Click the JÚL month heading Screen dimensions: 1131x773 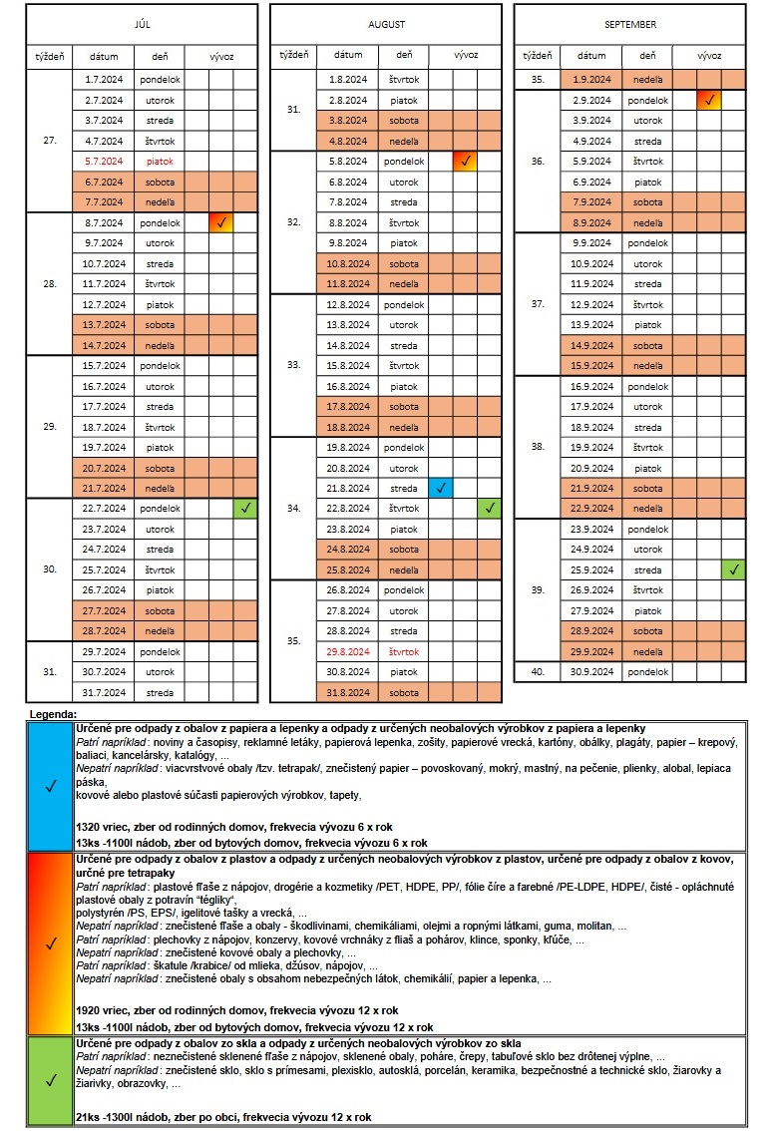(x=142, y=23)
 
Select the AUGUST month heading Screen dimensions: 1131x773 (x=386, y=23)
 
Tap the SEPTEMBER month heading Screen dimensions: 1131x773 (x=629, y=23)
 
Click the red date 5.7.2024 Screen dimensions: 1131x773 (x=104, y=161)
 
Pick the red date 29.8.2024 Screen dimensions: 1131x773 (x=348, y=650)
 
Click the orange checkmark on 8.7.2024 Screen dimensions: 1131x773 (x=221, y=222)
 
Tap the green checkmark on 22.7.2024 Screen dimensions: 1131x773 (x=245, y=508)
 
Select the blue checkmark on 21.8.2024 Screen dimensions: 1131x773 (x=441, y=488)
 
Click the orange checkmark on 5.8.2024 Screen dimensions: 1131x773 (x=465, y=161)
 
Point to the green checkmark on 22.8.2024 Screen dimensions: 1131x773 (x=490, y=508)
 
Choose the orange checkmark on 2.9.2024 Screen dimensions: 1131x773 (x=709, y=100)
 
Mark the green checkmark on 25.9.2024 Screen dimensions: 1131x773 (x=733, y=569)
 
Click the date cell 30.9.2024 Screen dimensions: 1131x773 (x=591, y=671)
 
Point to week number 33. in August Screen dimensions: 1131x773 (x=293, y=365)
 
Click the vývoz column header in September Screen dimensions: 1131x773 (x=709, y=56)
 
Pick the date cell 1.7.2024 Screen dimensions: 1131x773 (x=104, y=79)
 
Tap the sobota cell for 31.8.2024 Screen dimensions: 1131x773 (x=404, y=692)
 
